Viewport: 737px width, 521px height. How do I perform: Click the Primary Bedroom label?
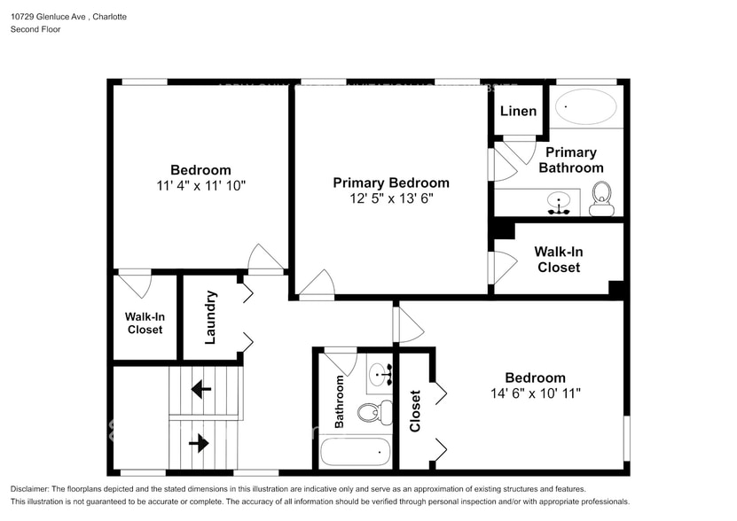390,183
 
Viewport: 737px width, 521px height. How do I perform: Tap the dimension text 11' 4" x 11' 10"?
200,186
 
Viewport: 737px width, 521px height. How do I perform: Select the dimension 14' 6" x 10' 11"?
535,393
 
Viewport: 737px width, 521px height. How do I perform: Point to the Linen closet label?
518,111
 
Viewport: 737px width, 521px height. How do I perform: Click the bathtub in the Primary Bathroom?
585,107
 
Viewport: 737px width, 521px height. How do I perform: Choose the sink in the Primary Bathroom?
559,201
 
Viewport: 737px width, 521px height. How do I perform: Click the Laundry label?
210,316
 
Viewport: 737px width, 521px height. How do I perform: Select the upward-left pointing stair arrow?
201,387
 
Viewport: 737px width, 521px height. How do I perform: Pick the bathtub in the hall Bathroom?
355,453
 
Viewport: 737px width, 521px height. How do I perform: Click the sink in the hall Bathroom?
379,373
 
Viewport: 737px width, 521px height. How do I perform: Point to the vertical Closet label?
415,411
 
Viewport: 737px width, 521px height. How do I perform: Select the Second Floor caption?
35,29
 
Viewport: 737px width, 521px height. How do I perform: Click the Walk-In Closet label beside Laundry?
144,323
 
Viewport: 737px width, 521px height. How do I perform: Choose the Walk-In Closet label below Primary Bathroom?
558,259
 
